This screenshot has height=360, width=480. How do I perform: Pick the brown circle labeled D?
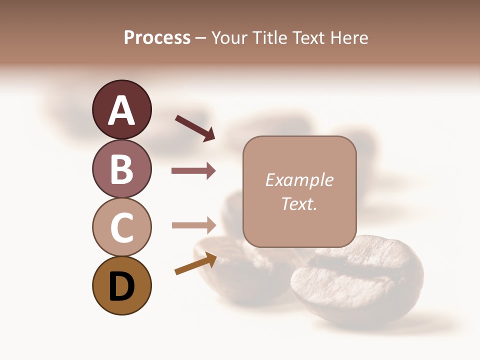[x=121, y=285]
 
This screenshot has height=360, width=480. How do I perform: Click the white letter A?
[x=122, y=110]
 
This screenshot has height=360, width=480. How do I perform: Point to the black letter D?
[x=122, y=287]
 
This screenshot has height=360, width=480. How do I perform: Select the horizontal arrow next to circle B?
[x=193, y=171]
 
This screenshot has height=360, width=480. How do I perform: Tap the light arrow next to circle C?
[x=193, y=225]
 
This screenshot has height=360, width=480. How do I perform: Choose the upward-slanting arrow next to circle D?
[x=195, y=263]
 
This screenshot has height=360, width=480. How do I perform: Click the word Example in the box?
[x=299, y=180]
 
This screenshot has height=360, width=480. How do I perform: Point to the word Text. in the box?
[x=299, y=203]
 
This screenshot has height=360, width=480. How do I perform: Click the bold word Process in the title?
[x=157, y=38]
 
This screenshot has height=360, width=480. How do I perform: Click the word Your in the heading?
[x=227, y=38]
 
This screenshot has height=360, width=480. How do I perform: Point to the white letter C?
[x=122, y=228]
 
